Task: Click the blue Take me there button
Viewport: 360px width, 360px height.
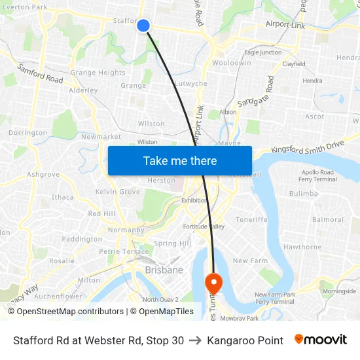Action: [180, 160]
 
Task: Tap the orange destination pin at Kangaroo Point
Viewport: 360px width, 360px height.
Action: [213, 283]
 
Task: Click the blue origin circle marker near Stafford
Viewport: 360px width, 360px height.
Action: [143, 26]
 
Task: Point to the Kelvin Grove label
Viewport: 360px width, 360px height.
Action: [118, 192]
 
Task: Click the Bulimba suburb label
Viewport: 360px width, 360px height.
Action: [303, 194]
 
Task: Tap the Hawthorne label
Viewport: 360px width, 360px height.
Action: [302, 247]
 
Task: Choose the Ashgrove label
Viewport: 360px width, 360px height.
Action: [43, 175]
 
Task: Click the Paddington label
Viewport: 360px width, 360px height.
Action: [82, 240]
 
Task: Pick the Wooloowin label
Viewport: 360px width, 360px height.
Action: [231, 63]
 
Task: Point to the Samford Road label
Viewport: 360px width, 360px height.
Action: [40, 73]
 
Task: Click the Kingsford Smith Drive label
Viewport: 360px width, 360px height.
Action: [307, 147]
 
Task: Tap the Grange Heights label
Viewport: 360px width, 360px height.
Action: [98, 73]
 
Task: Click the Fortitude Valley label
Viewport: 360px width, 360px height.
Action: [204, 226]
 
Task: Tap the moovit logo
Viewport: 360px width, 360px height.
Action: [321, 340]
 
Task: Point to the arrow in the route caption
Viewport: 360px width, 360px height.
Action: [195, 340]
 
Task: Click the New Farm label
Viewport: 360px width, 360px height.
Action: [250, 261]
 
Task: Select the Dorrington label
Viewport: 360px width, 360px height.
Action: [27, 133]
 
